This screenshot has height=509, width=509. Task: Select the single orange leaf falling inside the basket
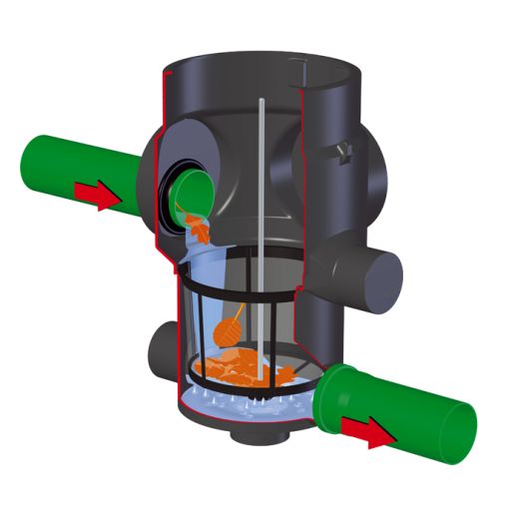[x=228, y=327]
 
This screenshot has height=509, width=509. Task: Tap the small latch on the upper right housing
[x=342, y=151]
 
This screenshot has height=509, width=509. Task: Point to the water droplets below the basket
[x=250, y=404]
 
